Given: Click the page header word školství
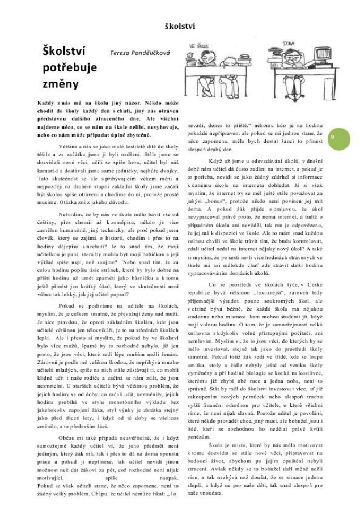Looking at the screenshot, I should (x=180, y=26).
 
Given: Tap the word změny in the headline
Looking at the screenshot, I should (x=57, y=84).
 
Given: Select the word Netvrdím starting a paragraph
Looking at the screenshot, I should (x=71, y=216).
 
